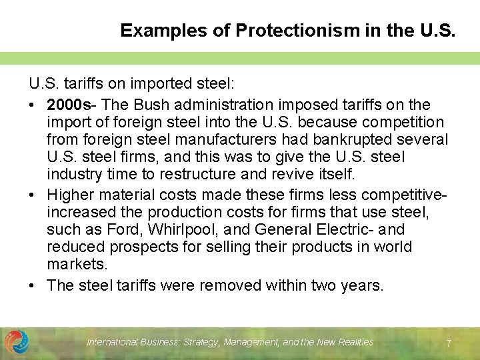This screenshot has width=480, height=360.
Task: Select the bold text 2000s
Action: tap(69, 105)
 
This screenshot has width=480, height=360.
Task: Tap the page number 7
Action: tap(449, 343)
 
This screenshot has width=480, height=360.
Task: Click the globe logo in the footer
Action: tap(17, 342)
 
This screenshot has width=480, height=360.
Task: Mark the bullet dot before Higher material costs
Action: tap(33, 195)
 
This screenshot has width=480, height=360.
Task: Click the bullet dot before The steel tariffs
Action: tap(33, 286)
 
